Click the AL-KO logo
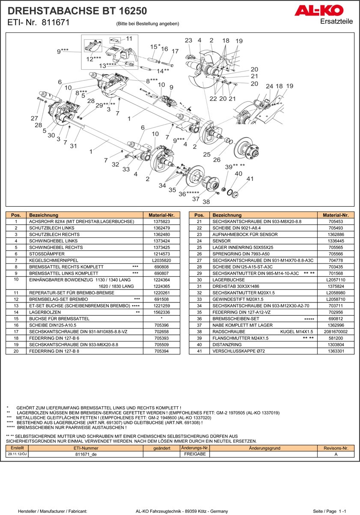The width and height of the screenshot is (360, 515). tap(318, 10)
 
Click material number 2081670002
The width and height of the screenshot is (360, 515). tap(336, 331)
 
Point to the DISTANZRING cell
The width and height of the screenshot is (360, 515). tap(227, 344)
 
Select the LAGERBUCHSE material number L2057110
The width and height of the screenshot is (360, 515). tap(336, 279)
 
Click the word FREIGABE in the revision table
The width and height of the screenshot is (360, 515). tap(195, 454)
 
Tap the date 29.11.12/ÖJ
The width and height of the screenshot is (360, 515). tap(17, 454)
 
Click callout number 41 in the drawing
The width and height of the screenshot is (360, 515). tap(250, 179)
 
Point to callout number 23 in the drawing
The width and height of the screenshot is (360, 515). tap(188, 40)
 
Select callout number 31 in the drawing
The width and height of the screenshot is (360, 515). tap(73, 146)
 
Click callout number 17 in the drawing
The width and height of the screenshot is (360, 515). tap(175, 51)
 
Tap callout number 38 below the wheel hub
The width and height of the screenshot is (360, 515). tap(206, 201)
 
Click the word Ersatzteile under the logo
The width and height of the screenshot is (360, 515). tap(336, 21)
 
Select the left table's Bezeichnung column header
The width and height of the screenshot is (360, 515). tap(42, 215)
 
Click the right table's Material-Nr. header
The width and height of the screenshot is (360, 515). tap(336, 215)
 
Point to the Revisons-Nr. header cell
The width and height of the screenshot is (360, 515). tap(336, 448)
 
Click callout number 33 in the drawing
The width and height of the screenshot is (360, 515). tap(126, 169)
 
